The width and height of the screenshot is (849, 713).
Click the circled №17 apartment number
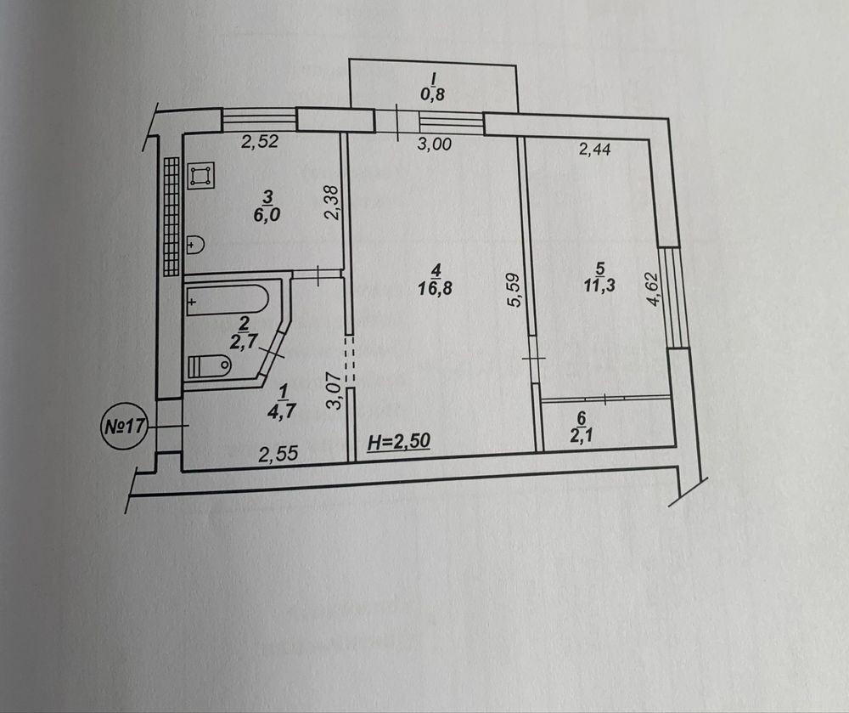pyautogui.click(x=125, y=426)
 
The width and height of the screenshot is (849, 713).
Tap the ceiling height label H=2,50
pyautogui.click(x=399, y=442)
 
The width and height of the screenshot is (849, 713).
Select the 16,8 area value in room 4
pyautogui.click(x=435, y=288)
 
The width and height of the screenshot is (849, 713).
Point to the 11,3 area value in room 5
pyautogui.click(x=599, y=286)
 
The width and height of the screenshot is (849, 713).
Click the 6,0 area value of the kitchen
pyautogui.click(x=267, y=215)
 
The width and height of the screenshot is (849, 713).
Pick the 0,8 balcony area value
pyautogui.click(x=433, y=94)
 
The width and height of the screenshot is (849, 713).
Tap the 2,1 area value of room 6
pyautogui.click(x=581, y=436)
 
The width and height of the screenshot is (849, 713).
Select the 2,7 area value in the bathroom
pyautogui.click(x=243, y=342)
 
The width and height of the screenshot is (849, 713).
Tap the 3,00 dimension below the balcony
pyautogui.click(x=435, y=144)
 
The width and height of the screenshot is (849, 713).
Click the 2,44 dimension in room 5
pyautogui.click(x=594, y=149)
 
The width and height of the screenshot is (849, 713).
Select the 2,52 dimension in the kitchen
pyautogui.click(x=260, y=141)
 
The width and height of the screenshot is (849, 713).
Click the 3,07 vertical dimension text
pyautogui.click(x=336, y=391)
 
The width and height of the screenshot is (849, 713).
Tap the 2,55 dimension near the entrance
pyautogui.click(x=278, y=454)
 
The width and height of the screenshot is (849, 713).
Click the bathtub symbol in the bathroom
pyautogui.click(x=227, y=300)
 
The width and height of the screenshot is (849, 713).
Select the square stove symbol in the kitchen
pyautogui.click(x=201, y=176)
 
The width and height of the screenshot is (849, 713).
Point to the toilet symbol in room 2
pyautogui.click(x=209, y=366)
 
